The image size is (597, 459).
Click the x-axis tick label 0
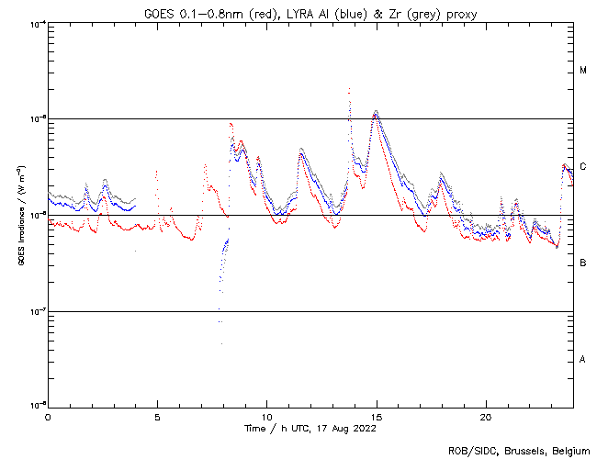tap(48, 416)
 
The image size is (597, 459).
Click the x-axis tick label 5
tap(157, 416)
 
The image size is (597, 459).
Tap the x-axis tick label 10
tap(266, 416)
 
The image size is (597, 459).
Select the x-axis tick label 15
tap(376, 416)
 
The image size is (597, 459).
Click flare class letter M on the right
tap(583, 71)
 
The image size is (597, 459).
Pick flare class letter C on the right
tap(583, 167)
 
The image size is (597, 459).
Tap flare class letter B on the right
tap(583, 263)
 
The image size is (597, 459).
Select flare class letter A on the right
tap(583, 360)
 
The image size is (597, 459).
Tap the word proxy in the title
tap(461, 13)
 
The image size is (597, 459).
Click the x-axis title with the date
tap(310, 428)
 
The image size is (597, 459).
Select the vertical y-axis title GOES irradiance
tap(20, 216)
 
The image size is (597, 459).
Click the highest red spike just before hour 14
tap(349, 89)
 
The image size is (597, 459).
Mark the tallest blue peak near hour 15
tap(376, 113)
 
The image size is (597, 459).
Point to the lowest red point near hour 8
tap(220, 342)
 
